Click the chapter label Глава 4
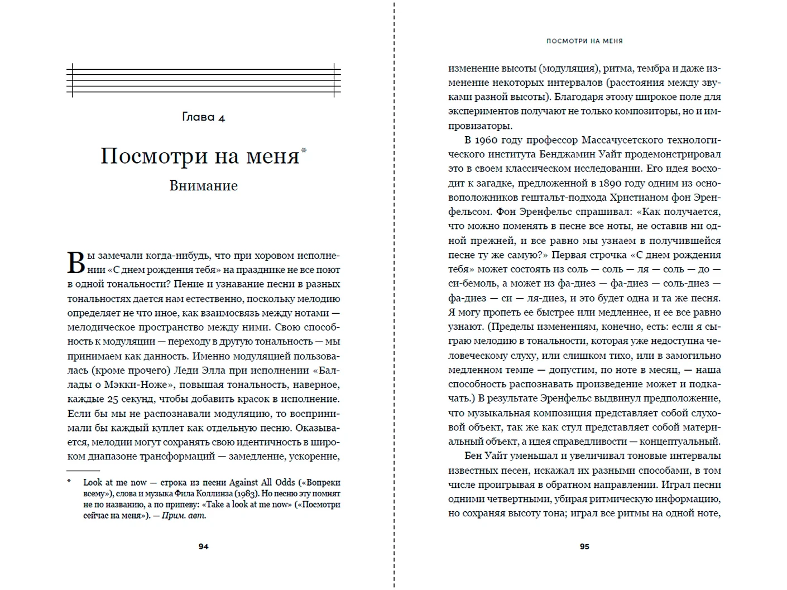tap(203, 117)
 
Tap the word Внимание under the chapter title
tap(203, 186)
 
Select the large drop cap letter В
tap(76, 263)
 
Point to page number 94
tap(203, 546)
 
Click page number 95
tap(584, 546)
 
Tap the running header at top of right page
tap(584, 41)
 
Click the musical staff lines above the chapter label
tap(203, 80)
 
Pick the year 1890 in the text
tap(613, 183)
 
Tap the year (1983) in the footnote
tap(247, 493)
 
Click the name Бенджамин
tap(570, 154)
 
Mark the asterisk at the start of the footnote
tap(70, 482)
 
